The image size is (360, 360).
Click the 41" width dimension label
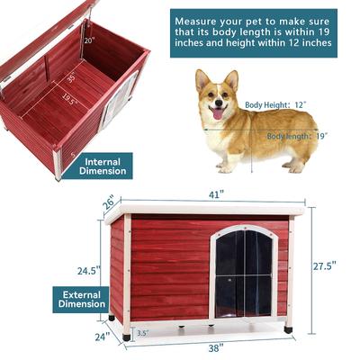pos(208,193)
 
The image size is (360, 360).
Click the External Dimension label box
pos(83,299)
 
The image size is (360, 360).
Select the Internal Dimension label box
pos(103,166)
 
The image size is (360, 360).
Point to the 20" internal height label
pos(88,40)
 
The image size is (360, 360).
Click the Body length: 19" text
pos(296,136)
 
